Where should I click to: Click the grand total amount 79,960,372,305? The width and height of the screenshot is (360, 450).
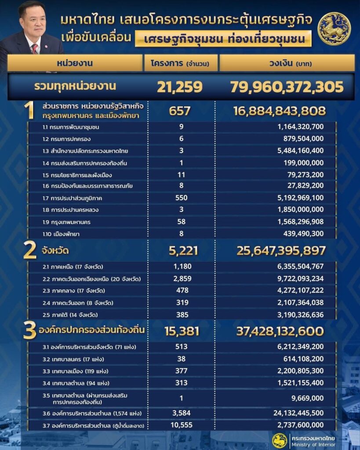point(286,87)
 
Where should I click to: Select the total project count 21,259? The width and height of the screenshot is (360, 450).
point(179,87)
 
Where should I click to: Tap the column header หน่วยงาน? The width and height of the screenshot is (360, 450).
point(74,63)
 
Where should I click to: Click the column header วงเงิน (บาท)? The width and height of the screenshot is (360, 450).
point(286,63)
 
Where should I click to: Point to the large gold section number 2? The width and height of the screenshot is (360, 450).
point(29,251)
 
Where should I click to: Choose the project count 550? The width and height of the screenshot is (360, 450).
point(181,198)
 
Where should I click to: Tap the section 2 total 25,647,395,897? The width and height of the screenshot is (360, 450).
point(281,251)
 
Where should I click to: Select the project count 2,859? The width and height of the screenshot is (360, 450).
point(181,279)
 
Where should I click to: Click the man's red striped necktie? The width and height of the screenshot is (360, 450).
point(35,48)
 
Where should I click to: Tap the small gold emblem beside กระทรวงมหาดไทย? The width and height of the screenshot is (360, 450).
point(279,440)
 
